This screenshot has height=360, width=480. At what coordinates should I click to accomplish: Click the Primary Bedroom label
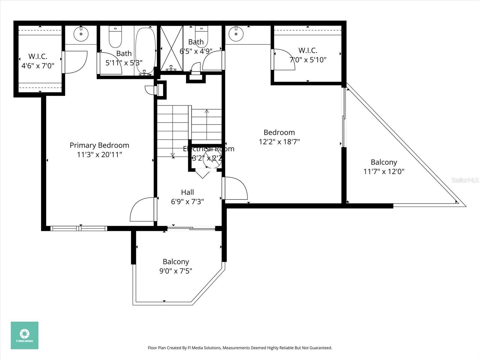click(x=99, y=145)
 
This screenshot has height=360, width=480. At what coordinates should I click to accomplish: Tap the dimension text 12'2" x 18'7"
click(x=279, y=142)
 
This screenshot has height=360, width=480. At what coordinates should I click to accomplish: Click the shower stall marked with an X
click(x=171, y=48)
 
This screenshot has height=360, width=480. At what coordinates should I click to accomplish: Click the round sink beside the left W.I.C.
click(x=81, y=34)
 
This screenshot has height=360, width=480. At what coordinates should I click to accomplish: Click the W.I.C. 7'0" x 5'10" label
click(x=308, y=55)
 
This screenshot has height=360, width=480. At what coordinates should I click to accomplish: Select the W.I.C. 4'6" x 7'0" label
click(x=38, y=61)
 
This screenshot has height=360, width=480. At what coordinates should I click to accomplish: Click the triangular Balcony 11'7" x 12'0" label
click(x=384, y=167)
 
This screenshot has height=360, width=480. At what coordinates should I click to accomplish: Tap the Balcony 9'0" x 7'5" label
click(x=176, y=266)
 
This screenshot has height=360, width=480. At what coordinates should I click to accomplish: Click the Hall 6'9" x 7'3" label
click(x=187, y=197)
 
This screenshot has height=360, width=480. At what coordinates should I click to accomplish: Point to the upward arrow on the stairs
click(x=207, y=112)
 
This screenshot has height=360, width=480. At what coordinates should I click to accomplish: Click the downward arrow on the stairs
click(x=173, y=154)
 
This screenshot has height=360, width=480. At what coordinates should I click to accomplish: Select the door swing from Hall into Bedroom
click(x=236, y=188)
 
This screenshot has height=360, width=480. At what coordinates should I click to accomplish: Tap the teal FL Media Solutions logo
click(x=25, y=335)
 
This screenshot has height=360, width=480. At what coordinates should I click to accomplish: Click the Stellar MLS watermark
click(x=465, y=180)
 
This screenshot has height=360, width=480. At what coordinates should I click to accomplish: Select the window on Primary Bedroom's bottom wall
click(x=79, y=228)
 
